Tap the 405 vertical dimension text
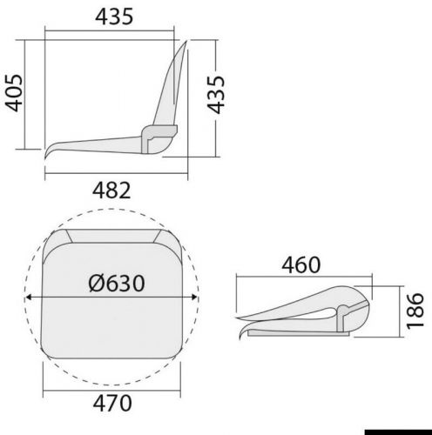pos(13,93)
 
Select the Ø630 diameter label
pos(116,284)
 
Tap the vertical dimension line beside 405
pos(31,93)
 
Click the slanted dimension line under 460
pos(305,278)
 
